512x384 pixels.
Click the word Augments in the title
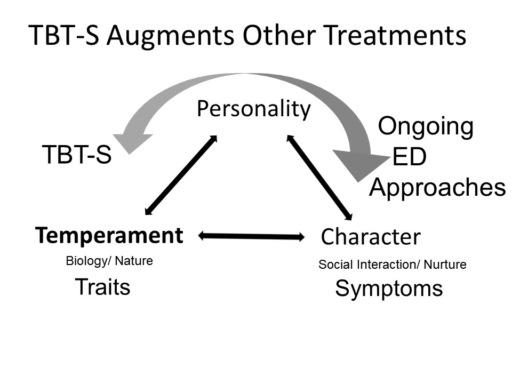(x=171, y=36)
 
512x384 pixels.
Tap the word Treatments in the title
(x=395, y=35)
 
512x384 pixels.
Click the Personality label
(x=254, y=109)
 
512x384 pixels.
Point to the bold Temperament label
(x=109, y=235)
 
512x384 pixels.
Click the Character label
(x=371, y=236)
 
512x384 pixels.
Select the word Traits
(x=102, y=287)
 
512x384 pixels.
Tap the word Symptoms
(x=389, y=289)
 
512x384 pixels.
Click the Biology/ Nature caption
(x=109, y=261)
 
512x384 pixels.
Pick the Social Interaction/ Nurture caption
(x=393, y=265)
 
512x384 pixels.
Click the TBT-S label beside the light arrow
(x=77, y=154)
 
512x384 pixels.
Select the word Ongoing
(x=426, y=127)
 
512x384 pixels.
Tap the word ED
(x=410, y=157)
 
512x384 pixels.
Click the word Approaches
(x=437, y=188)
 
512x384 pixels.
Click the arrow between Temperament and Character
(x=251, y=236)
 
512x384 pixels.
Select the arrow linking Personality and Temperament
(x=181, y=175)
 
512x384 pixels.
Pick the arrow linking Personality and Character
(x=319, y=177)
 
